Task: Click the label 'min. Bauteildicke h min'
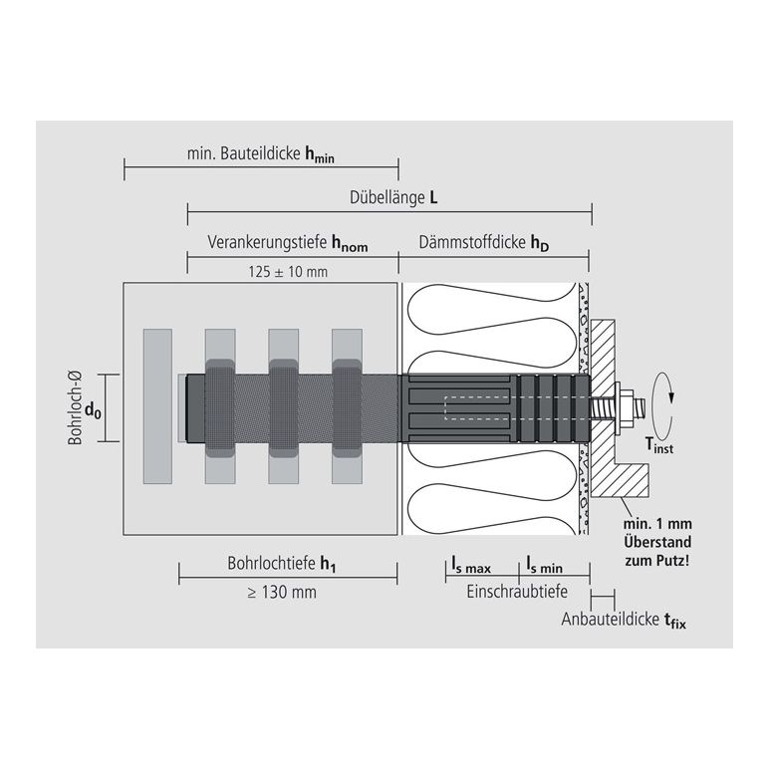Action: point(260,154)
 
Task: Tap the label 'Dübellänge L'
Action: point(393,197)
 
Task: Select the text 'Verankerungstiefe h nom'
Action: point(288,243)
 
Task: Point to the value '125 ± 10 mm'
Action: point(288,272)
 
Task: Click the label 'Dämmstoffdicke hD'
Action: point(483,243)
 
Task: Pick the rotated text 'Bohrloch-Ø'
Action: point(75,408)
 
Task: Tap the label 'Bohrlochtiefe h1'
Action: point(282,564)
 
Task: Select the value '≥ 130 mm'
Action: point(282,593)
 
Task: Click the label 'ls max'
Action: point(471,566)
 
